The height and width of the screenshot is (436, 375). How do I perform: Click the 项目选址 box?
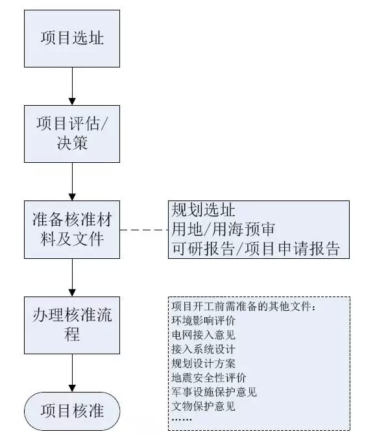coord(72,38)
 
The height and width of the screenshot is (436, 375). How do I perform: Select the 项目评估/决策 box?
coord(72,133)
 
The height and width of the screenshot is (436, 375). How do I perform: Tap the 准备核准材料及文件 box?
coord(72,230)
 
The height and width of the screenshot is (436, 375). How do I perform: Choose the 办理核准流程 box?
coord(72,324)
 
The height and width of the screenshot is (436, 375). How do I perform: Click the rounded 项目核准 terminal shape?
coord(72,411)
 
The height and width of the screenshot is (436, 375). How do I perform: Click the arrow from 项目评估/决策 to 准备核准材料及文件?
coord(72,181)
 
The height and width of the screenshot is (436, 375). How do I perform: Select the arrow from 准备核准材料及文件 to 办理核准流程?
coord(72,276)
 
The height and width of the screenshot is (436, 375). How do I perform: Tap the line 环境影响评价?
coord(202,321)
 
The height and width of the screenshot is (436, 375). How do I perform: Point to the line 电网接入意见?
coord(202,335)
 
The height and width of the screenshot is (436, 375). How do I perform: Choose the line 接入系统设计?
coord(202,349)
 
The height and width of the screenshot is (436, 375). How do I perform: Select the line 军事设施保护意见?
coord(214,392)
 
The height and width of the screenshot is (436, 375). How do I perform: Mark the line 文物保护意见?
coord(202,406)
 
